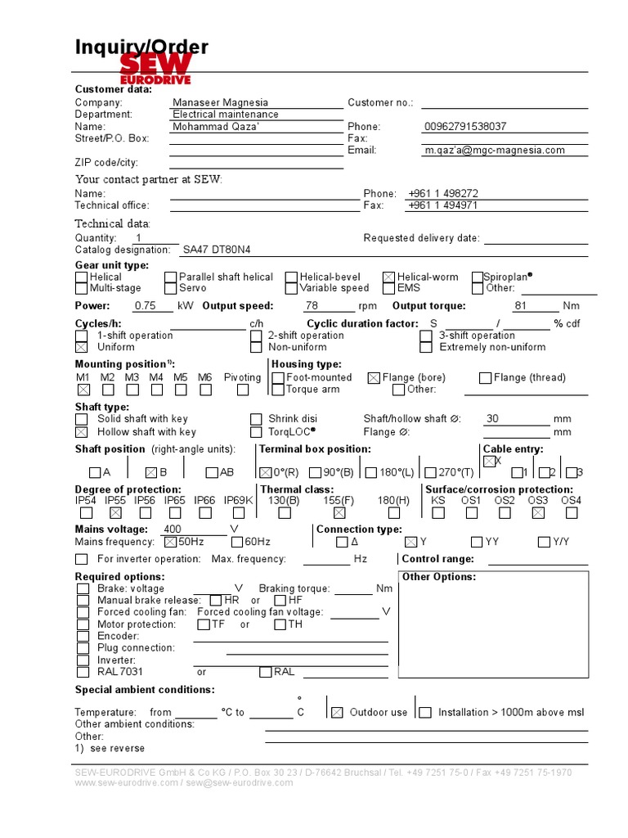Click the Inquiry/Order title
click(x=141, y=47)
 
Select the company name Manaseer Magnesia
click(x=220, y=102)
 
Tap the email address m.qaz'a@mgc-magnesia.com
click(x=495, y=150)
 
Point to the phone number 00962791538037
click(x=465, y=126)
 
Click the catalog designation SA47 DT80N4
click(x=217, y=250)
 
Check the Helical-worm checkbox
click(x=389, y=277)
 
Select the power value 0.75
click(x=145, y=305)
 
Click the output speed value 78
click(x=312, y=305)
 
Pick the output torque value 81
click(x=521, y=305)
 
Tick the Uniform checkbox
click(x=82, y=347)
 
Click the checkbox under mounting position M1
click(x=83, y=390)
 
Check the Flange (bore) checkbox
click(x=374, y=378)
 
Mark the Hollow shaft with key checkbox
click(x=82, y=431)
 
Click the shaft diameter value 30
click(x=492, y=418)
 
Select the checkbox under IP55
click(x=115, y=513)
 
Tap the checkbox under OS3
click(x=538, y=513)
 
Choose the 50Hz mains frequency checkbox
click(x=170, y=542)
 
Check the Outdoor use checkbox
click(x=337, y=713)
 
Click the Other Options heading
click(x=439, y=577)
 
